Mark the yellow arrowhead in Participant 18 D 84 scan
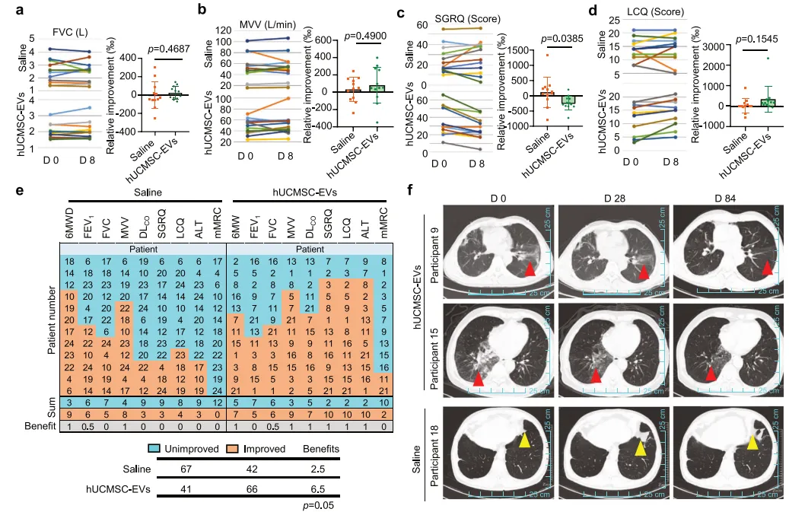tap(752, 440)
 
